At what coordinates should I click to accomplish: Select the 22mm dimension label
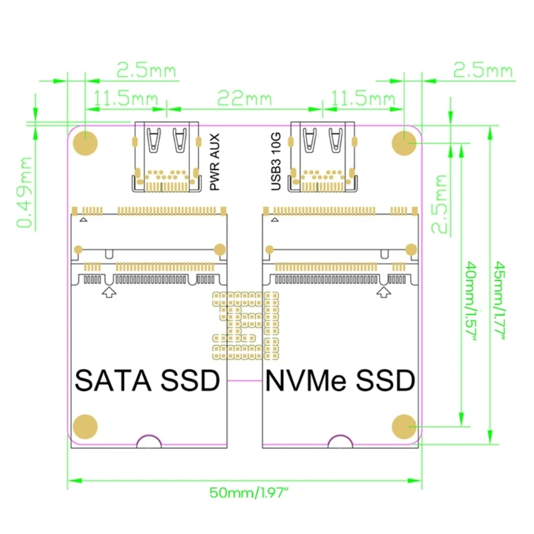(244, 99)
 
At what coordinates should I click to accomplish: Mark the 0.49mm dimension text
(25, 193)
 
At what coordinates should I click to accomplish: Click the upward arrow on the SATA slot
(108, 292)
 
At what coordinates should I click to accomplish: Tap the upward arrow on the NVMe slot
(383, 292)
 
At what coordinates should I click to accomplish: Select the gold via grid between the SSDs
(245, 323)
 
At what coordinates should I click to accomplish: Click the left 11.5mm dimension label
(125, 99)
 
